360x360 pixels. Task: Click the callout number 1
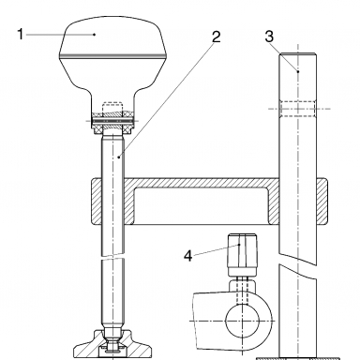coord(21,34)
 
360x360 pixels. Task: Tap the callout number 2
coord(216,37)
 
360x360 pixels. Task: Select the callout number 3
coord(269,37)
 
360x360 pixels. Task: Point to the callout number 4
coord(187,256)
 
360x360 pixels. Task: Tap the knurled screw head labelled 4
coord(243,255)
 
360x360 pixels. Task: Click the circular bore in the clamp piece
coord(243,321)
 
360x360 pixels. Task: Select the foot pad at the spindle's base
coord(113,345)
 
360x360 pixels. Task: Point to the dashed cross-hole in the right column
coord(298,109)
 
